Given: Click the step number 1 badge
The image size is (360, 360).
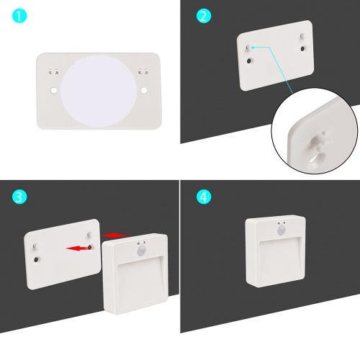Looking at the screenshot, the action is click(x=19, y=16).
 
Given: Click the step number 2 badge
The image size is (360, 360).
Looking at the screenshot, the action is click(x=204, y=16).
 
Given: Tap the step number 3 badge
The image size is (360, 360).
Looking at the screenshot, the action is click(x=19, y=197).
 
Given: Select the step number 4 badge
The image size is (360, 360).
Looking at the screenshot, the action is click(x=204, y=197).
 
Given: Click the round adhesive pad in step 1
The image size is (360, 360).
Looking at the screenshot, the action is click(x=99, y=91).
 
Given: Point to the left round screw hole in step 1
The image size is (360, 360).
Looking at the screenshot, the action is click(x=54, y=91).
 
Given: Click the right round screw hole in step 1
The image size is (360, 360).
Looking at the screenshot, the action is click(x=144, y=91).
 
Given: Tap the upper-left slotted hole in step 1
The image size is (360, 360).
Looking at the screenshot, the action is click(x=53, y=71).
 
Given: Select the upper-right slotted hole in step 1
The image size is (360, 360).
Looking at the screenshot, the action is click(x=143, y=71).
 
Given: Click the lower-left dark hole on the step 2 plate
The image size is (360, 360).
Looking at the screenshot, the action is click(x=250, y=60).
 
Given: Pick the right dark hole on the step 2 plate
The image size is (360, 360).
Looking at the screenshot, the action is click(x=303, y=48).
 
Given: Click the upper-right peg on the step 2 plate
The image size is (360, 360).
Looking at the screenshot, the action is click(x=302, y=36).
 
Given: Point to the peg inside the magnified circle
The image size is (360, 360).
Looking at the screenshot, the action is click(x=320, y=142).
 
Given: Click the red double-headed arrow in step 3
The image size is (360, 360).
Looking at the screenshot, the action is click(x=114, y=235).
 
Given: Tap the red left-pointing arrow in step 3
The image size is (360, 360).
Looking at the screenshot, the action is click(x=78, y=248).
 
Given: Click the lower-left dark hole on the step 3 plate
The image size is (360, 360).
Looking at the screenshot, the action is click(x=36, y=259).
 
